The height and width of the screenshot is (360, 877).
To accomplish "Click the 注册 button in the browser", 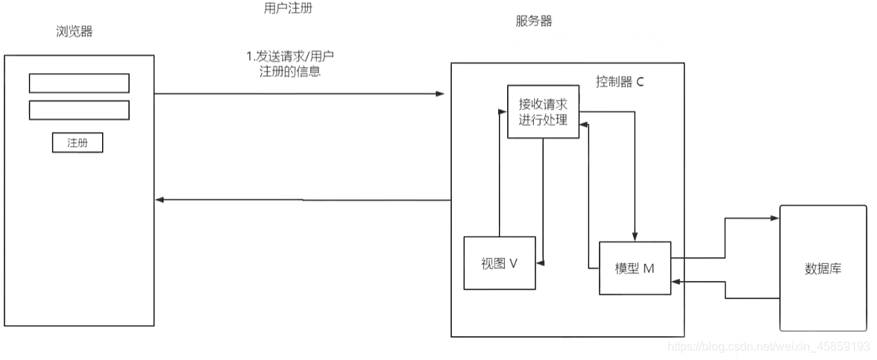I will [x=78, y=142].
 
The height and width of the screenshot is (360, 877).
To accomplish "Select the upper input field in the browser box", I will [x=79, y=83].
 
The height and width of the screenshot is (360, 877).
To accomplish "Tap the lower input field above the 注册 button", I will [x=79, y=110].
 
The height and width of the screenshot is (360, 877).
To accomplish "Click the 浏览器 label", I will [x=75, y=31].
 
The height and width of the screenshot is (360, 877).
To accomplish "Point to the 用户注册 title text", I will [x=284, y=8].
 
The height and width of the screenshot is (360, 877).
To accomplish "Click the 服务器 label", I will [x=534, y=21].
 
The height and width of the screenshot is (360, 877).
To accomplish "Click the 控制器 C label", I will [x=619, y=81].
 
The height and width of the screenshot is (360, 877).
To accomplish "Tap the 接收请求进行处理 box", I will [x=543, y=112].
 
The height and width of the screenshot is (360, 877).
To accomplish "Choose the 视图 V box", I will [x=500, y=263].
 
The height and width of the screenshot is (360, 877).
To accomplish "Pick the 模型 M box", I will [x=635, y=268].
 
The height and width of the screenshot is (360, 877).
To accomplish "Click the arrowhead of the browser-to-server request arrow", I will [x=440, y=94].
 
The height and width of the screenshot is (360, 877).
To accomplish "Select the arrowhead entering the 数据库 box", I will [x=776, y=218].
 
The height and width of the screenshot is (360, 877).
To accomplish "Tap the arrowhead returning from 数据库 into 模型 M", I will [x=676, y=282].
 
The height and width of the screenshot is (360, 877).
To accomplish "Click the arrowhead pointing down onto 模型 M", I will [x=635, y=237].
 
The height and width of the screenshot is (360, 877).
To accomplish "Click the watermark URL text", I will [x=768, y=347].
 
